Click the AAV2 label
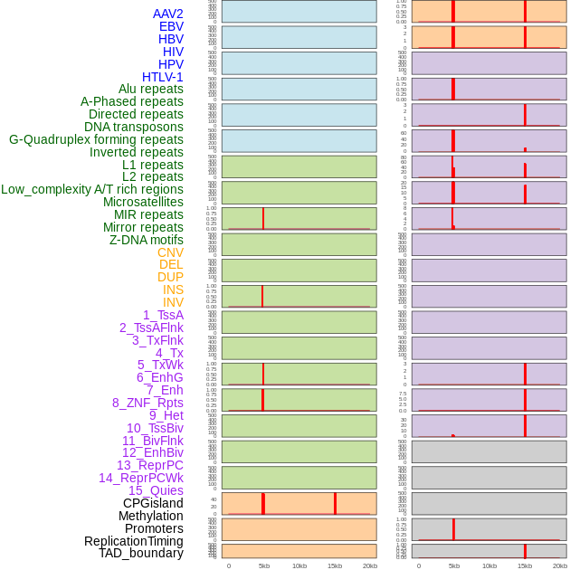click(167, 14)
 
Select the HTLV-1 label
click(162, 77)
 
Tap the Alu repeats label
click(150, 89)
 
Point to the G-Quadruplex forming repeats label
click(96, 139)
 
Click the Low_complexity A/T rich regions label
click(92, 189)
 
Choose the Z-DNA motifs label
click(146, 240)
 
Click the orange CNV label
click(170, 252)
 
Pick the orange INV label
click(173, 302)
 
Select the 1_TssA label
click(163, 315)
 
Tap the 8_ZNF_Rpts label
click(147, 403)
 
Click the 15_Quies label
click(156, 490)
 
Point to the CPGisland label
click(153, 503)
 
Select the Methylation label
click(150, 516)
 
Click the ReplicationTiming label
click(133, 541)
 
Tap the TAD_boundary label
click(141, 553)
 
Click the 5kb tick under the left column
click(263, 565)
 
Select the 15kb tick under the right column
click(525, 565)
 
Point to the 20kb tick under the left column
click(369, 565)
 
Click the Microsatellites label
click(143, 202)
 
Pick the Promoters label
click(154, 528)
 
